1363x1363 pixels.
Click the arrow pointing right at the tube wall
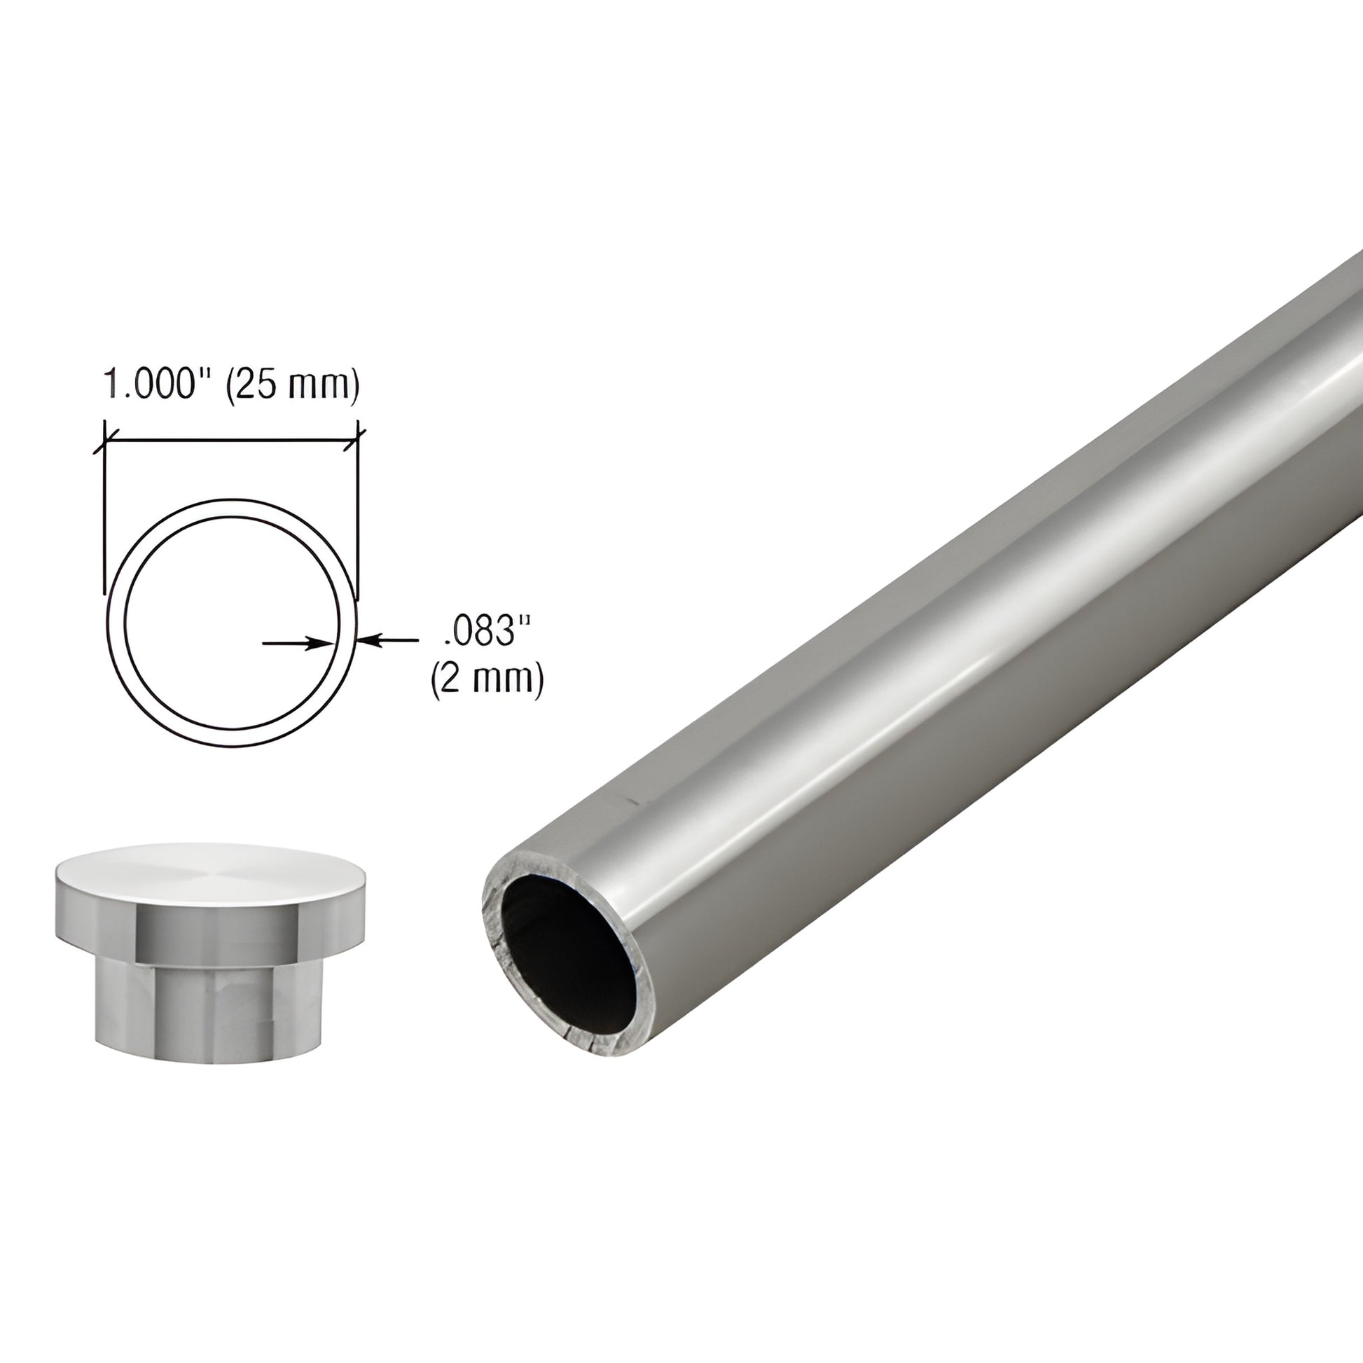[296, 643]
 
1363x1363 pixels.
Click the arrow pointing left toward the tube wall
[389, 641]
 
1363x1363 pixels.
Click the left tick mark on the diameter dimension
[104, 445]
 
